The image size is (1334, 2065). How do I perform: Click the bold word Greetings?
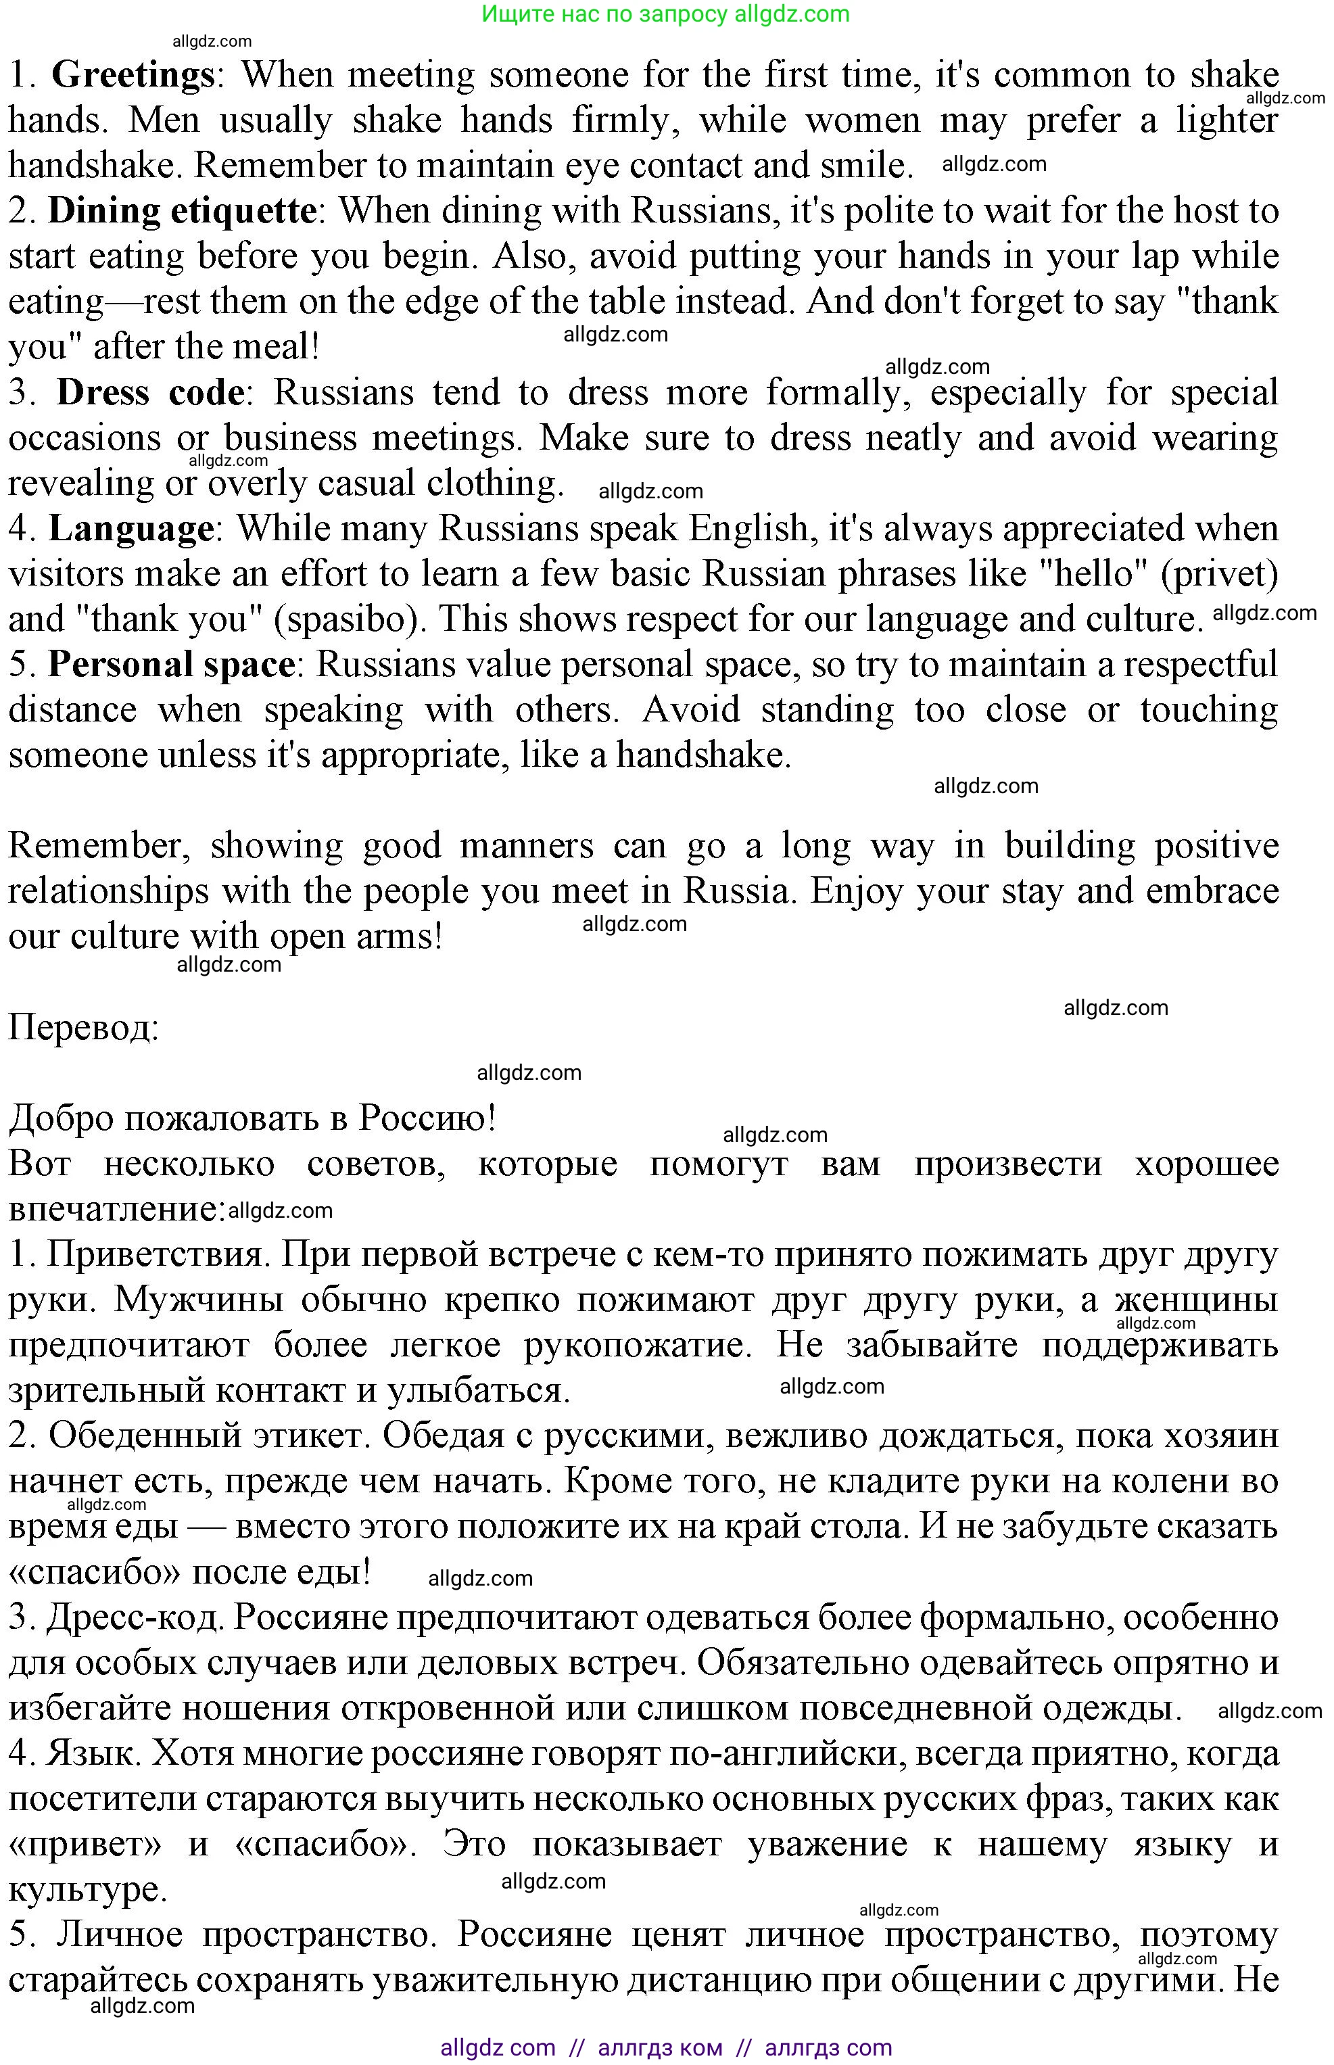click(133, 75)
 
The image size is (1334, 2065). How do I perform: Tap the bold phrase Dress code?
click(151, 392)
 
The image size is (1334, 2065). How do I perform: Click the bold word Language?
click(132, 528)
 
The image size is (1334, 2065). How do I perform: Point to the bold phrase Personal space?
click(172, 665)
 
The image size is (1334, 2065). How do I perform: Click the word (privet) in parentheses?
click(1220, 574)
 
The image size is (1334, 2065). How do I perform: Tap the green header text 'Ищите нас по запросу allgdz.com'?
click(665, 14)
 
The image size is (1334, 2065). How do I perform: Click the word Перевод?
click(84, 1028)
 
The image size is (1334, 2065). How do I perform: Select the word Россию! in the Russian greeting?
click(428, 1118)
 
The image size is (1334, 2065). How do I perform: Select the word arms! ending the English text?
click(400, 936)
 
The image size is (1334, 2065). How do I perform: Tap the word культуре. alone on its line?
click(87, 1889)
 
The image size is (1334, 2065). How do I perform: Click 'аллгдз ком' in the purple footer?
click(660, 2047)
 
